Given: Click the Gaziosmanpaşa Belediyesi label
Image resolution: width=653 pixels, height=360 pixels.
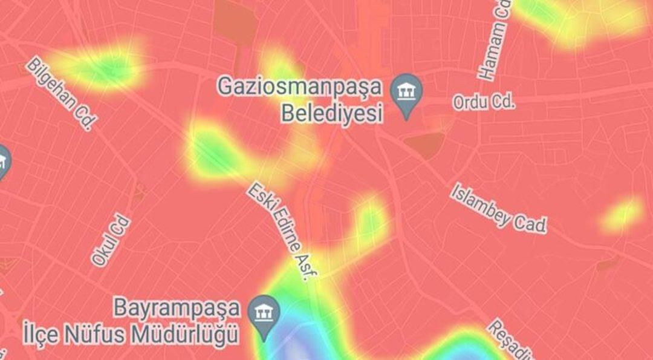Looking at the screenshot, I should tap(300, 100).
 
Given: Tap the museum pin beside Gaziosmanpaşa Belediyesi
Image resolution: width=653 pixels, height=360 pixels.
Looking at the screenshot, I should tap(406, 95).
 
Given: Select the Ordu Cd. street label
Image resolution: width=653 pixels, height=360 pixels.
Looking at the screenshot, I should tap(484, 102).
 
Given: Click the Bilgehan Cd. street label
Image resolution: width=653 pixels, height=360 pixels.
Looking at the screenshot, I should tap(61, 94).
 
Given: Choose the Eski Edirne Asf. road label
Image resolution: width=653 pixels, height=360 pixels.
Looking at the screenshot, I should tap(282, 233).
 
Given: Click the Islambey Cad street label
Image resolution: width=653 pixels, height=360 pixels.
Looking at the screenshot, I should tap(498, 208).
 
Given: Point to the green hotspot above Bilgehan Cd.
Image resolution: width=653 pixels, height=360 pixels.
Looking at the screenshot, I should tap(103, 65).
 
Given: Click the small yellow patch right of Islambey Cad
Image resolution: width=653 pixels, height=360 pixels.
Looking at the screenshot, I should tap(622, 214).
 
